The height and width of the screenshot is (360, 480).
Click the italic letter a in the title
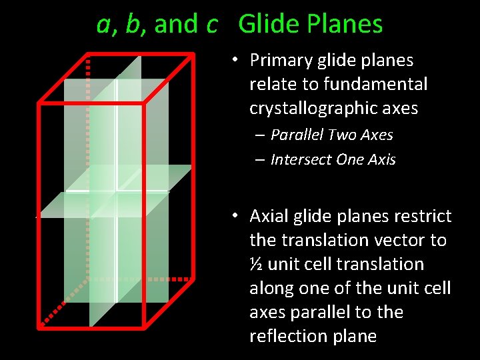(103, 25)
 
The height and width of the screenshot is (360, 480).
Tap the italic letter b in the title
(133, 24)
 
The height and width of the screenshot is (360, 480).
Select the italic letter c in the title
(212, 25)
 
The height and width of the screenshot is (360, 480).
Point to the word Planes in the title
(345, 24)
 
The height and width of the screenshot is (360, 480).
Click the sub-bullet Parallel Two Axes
(331, 135)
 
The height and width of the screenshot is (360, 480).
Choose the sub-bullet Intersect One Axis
(333, 159)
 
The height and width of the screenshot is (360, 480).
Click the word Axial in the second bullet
(269, 216)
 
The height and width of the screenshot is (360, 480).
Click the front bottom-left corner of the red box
(39, 327)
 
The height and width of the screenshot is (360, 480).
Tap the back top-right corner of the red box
(192, 54)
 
